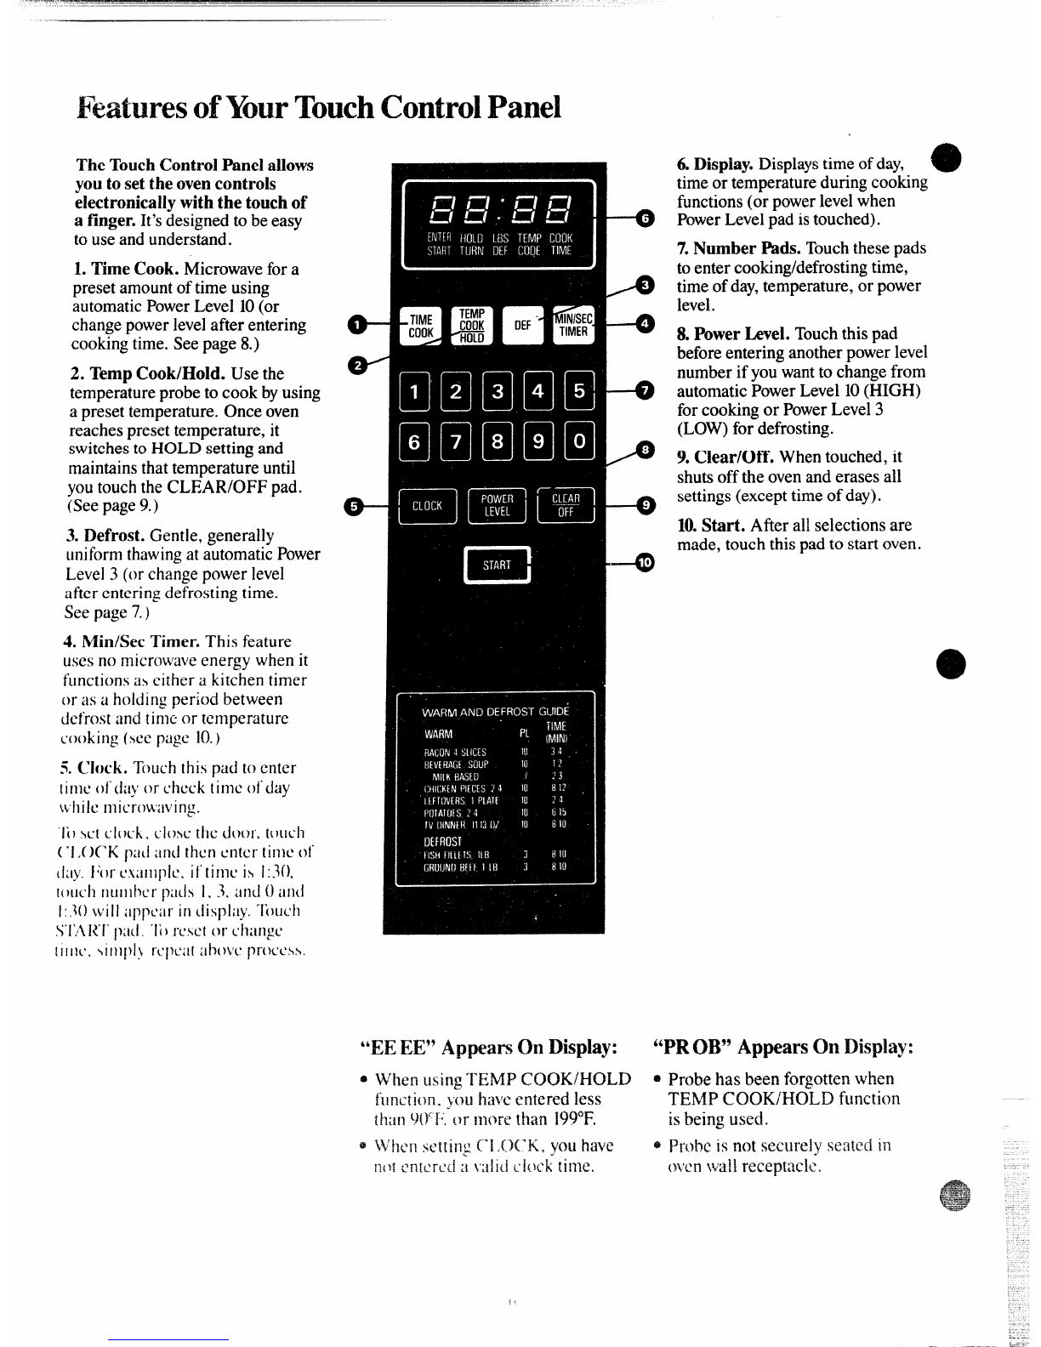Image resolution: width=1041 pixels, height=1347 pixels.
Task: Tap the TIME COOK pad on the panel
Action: click(x=420, y=326)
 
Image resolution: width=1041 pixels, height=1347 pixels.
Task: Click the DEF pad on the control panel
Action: click(x=522, y=326)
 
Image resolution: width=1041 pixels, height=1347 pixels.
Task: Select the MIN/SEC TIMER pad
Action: click(x=573, y=325)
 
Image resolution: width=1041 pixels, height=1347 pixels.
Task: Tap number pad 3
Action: click(x=498, y=392)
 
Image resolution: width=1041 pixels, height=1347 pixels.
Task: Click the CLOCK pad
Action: click(x=427, y=506)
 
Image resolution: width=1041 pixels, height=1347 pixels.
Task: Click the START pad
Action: click(x=497, y=565)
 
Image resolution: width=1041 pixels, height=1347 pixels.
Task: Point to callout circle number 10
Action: click(x=646, y=563)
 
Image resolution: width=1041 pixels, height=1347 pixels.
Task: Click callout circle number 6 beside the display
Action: click(x=646, y=219)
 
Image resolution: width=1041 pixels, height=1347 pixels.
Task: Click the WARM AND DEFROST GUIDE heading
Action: click(x=496, y=711)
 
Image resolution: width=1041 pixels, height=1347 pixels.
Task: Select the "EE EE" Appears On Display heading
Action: click(x=488, y=1046)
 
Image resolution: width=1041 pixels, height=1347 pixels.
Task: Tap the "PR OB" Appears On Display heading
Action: click(x=783, y=1046)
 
